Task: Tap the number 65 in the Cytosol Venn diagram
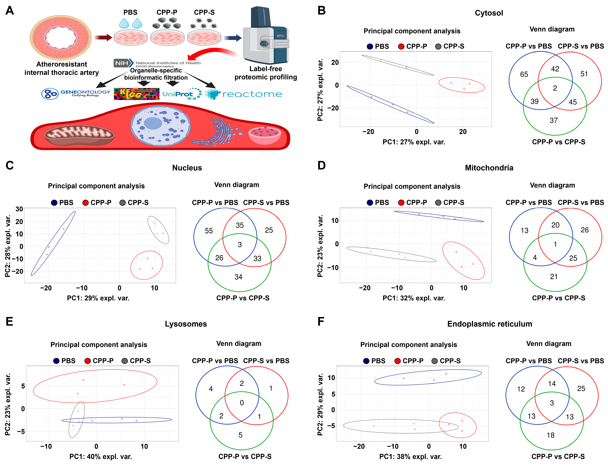click(x=524, y=74)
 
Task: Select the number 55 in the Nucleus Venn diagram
click(x=209, y=231)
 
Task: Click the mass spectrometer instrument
click(x=265, y=36)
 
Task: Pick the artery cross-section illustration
click(x=61, y=38)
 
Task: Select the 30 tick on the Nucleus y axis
click(x=19, y=209)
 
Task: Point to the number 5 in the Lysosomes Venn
click(x=240, y=435)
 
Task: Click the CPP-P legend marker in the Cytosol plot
click(x=401, y=46)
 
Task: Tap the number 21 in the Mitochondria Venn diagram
click(x=554, y=277)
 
